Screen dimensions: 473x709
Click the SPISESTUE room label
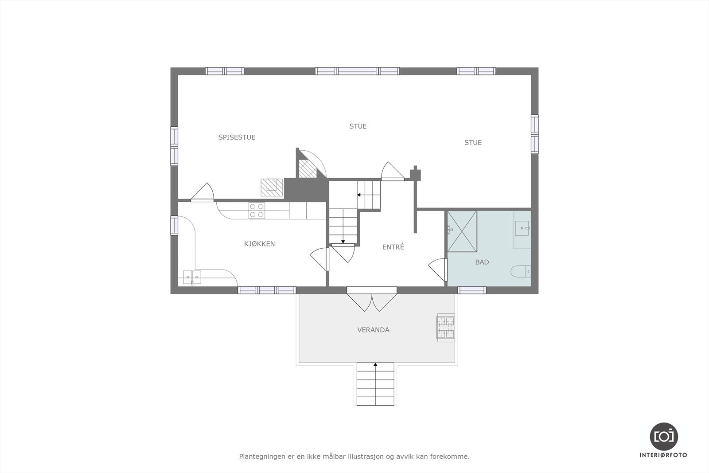237,137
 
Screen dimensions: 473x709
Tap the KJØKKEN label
260,244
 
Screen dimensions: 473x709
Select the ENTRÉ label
393,247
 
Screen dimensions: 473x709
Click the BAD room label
482,262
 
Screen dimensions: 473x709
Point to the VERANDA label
373,330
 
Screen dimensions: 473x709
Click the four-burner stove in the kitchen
257,210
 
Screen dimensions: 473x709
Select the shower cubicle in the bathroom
462,231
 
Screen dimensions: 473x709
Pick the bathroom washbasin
523,229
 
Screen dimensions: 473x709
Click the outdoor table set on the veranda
446,328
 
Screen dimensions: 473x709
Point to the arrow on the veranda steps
375,365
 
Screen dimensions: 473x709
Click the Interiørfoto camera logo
663,436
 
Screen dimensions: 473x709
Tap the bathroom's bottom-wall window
471,290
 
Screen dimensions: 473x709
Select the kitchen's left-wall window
174,225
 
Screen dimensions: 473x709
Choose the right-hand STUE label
473,143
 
